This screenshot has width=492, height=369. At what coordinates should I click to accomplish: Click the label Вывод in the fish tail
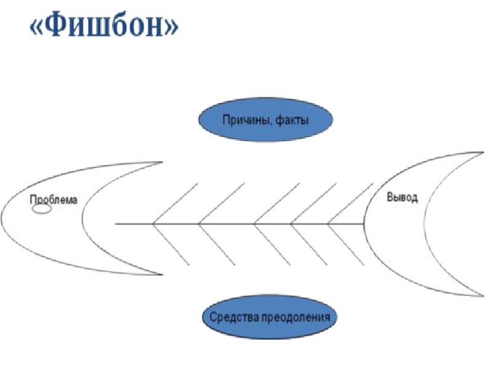(402, 198)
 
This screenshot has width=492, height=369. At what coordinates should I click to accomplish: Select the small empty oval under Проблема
(41, 209)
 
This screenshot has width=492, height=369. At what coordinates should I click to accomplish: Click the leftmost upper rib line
(175, 204)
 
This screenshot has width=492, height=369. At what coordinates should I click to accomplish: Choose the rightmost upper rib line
(351, 204)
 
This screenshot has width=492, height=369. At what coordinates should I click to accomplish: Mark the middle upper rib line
(277, 204)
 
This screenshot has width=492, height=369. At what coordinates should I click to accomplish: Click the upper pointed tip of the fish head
(161, 162)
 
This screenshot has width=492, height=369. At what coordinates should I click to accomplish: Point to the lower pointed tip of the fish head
(161, 274)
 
